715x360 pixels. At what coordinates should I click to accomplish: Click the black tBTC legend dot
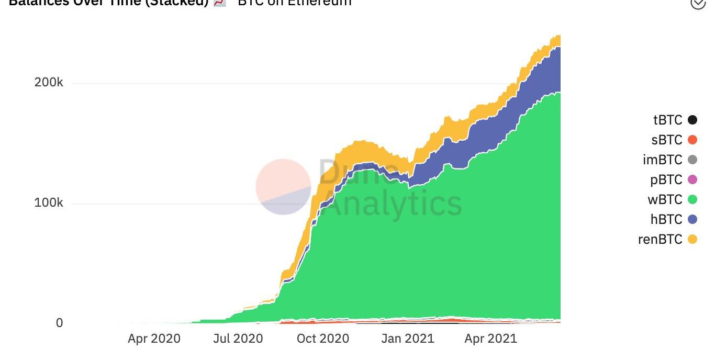692,120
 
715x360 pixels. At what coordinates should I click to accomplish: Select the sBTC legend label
667,140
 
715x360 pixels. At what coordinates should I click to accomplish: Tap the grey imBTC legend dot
692,160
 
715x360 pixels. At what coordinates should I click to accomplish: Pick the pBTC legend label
666,179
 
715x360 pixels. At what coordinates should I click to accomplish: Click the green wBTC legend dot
692,199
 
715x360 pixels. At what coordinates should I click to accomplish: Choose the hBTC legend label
666,219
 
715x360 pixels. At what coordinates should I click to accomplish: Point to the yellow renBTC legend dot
692,239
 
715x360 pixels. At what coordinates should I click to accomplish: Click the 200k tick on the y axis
49,83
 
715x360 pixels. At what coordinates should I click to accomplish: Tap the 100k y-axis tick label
49,203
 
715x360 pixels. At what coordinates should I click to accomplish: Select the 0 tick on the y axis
59,323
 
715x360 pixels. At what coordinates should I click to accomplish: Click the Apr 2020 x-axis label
154,339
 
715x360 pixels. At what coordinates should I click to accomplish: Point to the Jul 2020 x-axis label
238,339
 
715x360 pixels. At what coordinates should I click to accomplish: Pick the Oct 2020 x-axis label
322,339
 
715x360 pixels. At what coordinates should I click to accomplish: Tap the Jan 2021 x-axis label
408,339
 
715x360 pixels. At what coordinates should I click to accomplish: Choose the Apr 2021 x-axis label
490,339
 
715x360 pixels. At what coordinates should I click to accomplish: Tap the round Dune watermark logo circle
283,187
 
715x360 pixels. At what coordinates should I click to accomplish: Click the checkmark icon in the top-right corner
698,3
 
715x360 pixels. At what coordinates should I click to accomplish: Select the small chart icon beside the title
220,3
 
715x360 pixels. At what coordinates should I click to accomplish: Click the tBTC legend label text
667,120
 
